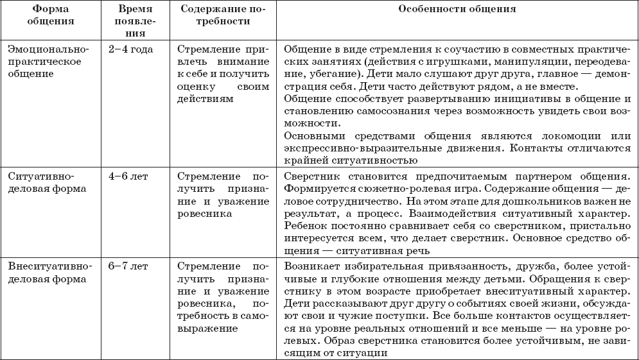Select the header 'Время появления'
click(136, 21)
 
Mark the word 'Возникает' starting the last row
click(307, 264)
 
